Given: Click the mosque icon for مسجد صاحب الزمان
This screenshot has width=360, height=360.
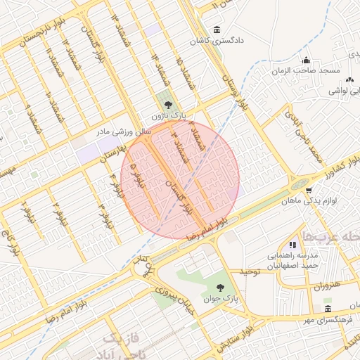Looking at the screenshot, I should click(306, 60).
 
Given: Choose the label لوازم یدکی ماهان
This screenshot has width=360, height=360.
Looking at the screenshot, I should click(313, 201).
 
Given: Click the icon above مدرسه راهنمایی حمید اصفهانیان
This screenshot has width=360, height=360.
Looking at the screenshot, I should click(292, 245).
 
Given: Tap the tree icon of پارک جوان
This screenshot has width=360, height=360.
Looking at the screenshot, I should click(221, 287).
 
